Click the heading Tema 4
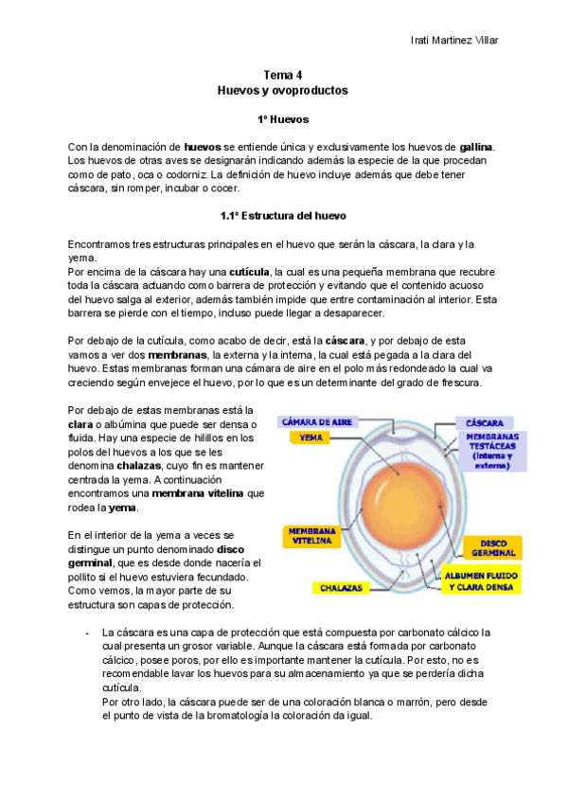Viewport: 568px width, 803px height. tap(283, 75)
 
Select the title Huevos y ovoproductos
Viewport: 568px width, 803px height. tap(283, 91)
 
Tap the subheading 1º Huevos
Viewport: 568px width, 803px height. tap(283, 120)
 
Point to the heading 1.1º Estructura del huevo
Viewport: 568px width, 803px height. tap(283, 215)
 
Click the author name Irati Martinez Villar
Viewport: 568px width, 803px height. tap(454, 40)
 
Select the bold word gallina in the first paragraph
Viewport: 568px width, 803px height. tap(476, 148)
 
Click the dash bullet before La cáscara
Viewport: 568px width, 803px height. tap(86, 632)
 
